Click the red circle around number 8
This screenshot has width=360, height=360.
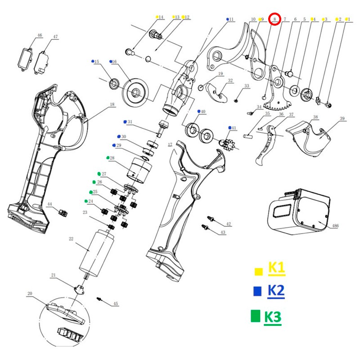pyautogui.click(x=274, y=19)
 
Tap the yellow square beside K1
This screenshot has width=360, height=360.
pyautogui.click(x=258, y=272)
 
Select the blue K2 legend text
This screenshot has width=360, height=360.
pyautogui.click(x=276, y=291)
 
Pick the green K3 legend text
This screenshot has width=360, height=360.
pyautogui.click(x=273, y=317)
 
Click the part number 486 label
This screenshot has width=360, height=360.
pyautogui.click(x=335, y=226)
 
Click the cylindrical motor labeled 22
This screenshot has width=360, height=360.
pyautogui.click(x=97, y=253)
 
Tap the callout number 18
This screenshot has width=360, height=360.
pyautogui.click(x=112, y=104)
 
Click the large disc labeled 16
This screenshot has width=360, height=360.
pyautogui.click(x=136, y=92)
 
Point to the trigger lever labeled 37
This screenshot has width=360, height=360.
pyautogui.click(x=266, y=145)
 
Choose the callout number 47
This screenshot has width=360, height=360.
pyautogui.click(x=55, y=37)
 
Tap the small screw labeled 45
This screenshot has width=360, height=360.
pyautogui.click(x=99, y=299)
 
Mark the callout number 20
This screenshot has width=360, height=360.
pyautogui.click(x=30, y=293)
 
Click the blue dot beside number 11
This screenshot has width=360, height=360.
pyautogui.click(x=228, y=19)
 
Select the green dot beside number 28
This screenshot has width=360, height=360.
pyautogui.click(x=108, y=158)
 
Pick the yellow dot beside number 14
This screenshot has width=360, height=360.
pyautogui.click(x=157, y=17)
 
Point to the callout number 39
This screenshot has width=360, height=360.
pyautogui.click(x=342, y=118)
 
